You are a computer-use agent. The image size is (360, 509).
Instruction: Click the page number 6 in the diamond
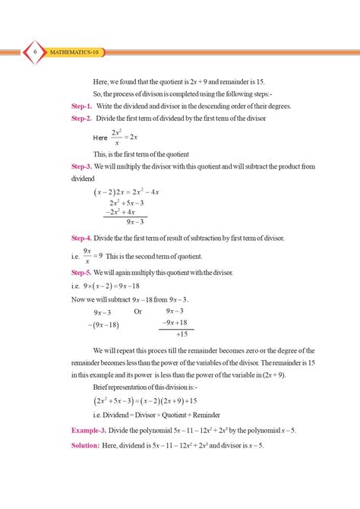click(35, 52)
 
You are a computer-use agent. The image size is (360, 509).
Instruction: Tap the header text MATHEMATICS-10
click(74, 52)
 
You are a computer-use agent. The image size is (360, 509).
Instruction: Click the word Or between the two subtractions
click(137, 311)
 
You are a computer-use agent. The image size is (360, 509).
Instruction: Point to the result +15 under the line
click(181, 334)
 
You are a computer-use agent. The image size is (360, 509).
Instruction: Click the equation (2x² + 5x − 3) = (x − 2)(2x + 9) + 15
click(145, 400)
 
